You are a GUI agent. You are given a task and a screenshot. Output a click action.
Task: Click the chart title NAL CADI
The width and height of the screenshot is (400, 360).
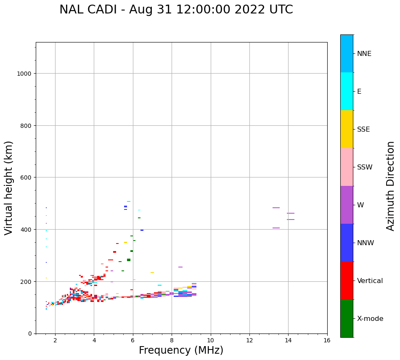click(x=176, y=10)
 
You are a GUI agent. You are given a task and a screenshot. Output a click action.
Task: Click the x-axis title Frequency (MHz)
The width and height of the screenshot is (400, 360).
click(x=181, y=350)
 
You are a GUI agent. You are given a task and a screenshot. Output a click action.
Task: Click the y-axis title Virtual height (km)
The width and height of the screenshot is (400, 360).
click(x=9, y=188)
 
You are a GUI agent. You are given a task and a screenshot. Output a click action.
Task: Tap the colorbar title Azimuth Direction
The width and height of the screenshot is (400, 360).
click(x=391, y=186)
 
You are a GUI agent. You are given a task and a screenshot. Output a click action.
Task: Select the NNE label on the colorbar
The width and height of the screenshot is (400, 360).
click(x=364, y=53)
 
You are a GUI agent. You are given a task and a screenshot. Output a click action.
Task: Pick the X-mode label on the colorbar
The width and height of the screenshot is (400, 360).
click(x=370, y=319)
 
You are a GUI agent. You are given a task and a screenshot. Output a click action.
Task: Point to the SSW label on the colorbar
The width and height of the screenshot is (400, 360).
click(x=365, y=167)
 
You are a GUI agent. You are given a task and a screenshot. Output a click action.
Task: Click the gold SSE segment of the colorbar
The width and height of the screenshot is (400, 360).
click(x=347, y=129)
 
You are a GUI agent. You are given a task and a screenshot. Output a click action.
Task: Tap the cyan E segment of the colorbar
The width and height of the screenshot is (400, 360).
click(x=347, y=91)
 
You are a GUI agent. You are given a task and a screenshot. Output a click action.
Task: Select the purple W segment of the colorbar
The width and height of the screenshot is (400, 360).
click(x=347, y=205)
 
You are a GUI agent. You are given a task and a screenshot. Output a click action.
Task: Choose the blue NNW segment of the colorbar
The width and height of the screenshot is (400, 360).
click(x=347, y=243)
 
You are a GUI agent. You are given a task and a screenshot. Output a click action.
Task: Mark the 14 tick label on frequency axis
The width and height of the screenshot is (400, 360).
click(x=288, y=341)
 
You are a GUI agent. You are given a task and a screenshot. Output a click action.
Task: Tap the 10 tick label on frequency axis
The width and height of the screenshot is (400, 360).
click(x=210, y=341)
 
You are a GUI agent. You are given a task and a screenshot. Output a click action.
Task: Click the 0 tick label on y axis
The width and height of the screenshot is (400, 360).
click(x=29, y=334)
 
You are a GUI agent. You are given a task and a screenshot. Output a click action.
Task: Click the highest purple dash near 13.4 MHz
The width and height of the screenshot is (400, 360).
click(x=276, y=208)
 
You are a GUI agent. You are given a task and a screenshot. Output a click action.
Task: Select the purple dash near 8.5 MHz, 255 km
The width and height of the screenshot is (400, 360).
click(x=180, y=267)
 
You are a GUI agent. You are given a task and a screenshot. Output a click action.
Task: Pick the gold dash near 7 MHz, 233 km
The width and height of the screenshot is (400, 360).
click(x=152, y=273)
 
